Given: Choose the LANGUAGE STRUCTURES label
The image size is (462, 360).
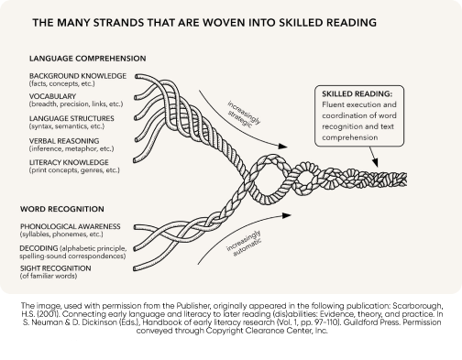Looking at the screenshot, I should click(72, 118).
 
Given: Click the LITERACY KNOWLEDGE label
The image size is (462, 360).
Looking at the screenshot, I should click(68, 161).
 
